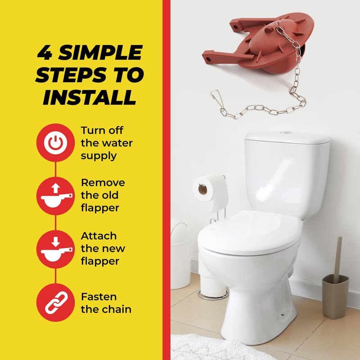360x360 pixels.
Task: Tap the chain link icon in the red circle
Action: [56, 302]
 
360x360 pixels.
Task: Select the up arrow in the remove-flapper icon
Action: [55, 188]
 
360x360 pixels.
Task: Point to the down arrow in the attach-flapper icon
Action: [55, 242]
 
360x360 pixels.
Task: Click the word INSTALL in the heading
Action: [90, 97]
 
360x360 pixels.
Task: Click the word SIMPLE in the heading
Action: [100, 52]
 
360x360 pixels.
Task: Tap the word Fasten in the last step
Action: [99, 297]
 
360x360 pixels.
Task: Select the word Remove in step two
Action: [103, 183]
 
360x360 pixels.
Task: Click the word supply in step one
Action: [99, 156]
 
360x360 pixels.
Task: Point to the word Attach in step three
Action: [99, 236]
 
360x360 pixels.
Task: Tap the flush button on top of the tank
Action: [286, 132]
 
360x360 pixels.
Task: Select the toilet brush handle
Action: [337, 259]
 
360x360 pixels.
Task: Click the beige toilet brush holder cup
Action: [335, 297]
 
